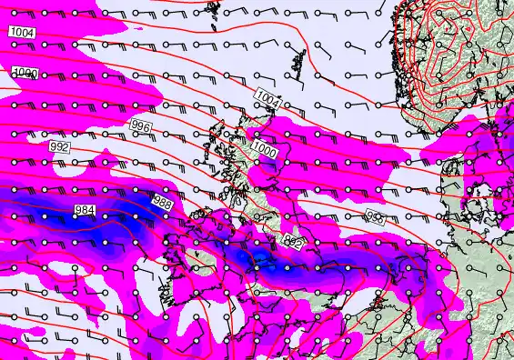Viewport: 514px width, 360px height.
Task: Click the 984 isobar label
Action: point(84,211)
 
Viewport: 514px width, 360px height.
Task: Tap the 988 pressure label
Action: point(162,202)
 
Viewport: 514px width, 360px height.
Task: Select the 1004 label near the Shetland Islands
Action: point(267,97)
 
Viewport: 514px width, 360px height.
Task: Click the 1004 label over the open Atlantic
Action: point(22,33)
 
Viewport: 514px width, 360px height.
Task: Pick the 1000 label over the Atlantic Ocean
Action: point(26,73)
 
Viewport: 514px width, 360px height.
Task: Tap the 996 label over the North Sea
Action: point(374,216)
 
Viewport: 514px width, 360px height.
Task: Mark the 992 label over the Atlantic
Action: point(59,146)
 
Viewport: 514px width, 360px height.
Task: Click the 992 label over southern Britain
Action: point(293,242)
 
